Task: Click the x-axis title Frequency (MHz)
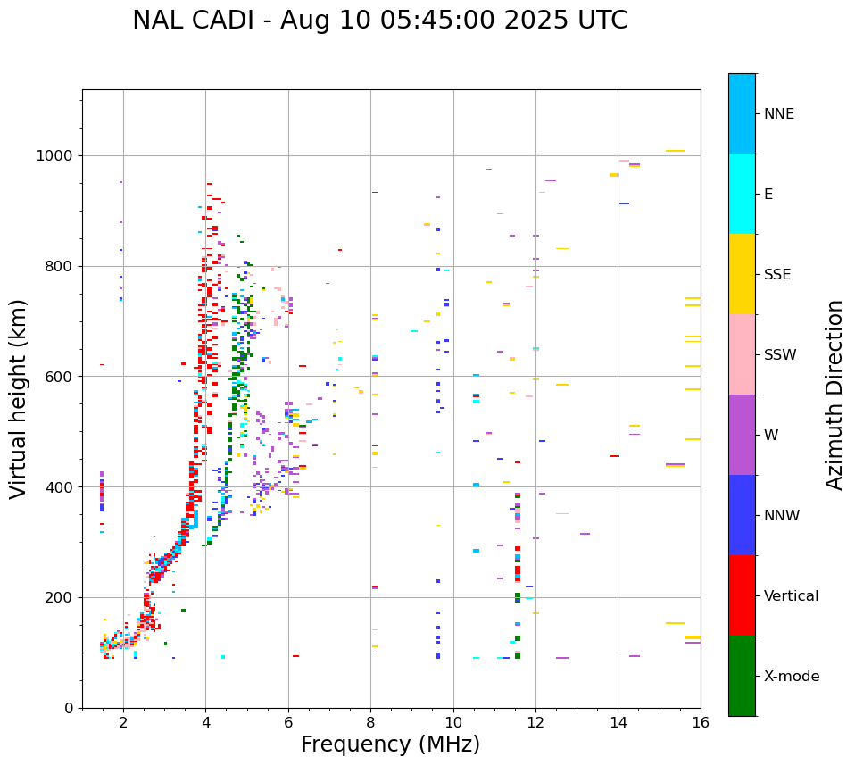(390, 744)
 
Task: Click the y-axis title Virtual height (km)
(19, 399)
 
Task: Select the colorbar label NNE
(778, 114)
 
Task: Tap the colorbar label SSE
(776, 275)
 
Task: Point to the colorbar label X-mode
(791, 677)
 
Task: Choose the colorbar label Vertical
(791, 596)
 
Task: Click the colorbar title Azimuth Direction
(834, 395)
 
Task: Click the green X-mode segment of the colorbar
(742, 676)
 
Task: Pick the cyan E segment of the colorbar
(742, 194)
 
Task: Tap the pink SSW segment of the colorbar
(742, 354)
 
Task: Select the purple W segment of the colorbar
(742, 435)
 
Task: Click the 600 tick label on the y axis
(60, 377)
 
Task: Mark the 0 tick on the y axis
(70, 708)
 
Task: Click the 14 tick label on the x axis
(618, 722)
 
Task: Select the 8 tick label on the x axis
(370, 722)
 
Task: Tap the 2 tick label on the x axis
(123, 722)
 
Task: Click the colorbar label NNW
(782, 516)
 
